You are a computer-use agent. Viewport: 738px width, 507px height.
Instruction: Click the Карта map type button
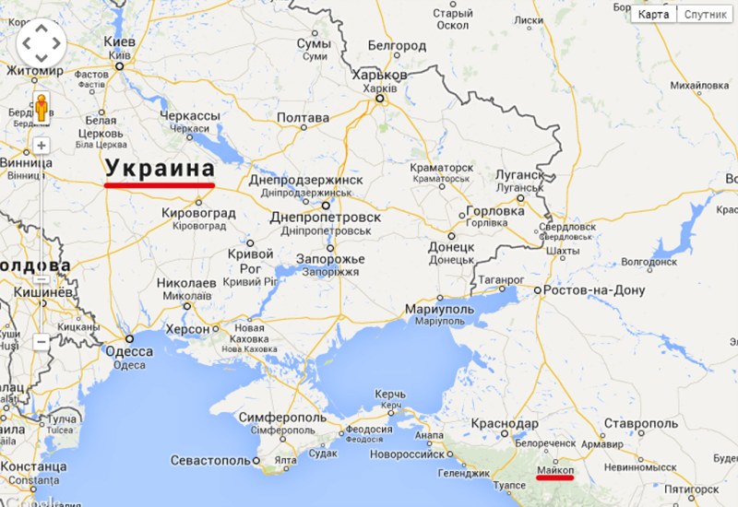pos(654,14)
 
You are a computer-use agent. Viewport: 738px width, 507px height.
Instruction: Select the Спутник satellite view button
pos(705,14)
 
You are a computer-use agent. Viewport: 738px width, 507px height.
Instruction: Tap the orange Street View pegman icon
pos(41,109)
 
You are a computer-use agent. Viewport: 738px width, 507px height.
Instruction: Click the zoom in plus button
pos(42,146)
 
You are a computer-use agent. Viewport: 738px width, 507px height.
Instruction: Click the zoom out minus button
pos(42,341)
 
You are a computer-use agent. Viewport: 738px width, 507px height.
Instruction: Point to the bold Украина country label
pos(160,169)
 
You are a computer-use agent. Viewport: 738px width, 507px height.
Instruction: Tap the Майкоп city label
pos(554,469)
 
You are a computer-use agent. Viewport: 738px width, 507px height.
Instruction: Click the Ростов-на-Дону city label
pos(594,289)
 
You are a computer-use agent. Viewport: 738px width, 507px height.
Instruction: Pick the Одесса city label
pos(129,351)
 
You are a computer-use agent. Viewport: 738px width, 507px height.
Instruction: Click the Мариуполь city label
pos(439,309)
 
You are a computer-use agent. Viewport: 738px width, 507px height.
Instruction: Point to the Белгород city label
pos(397,45)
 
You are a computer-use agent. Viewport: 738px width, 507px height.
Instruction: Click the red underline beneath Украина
pos(160,185)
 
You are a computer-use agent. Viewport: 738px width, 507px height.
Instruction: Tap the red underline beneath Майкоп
pos(554,479)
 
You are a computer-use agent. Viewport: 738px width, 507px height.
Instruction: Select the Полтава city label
pos(303,119)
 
